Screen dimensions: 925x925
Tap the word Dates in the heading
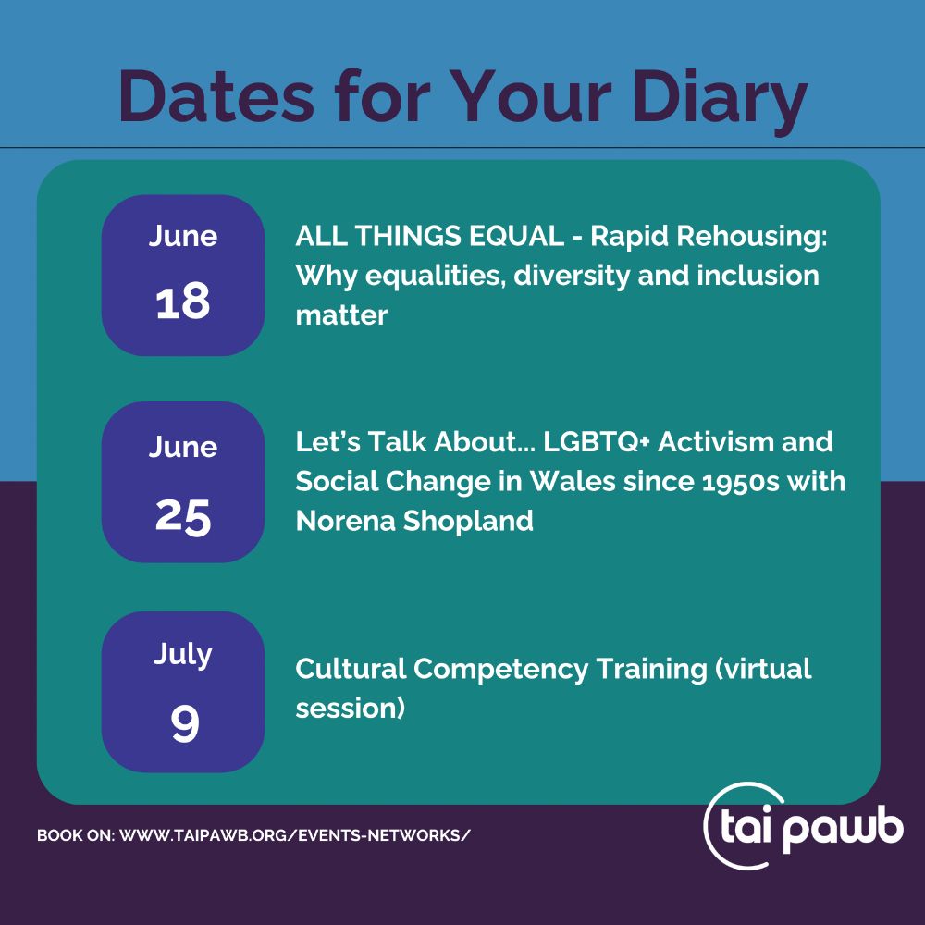pyautogui.click(x=216, y=97)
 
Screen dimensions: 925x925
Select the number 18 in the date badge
pyautogui.click(x=183, y=302)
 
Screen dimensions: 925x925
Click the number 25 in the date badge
pyautogui.click(x=183, y=517)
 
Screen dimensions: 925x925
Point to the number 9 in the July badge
pyautogui.click(x=185, y=724)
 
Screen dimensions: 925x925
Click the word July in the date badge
pyautogui.click(x=183, y=654)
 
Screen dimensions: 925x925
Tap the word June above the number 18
pyautogui.click(x=183, y=236)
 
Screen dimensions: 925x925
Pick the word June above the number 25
pyautogui.click(x=183, y=447)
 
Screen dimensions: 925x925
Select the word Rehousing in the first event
pyautogui.click(x=751, y=237)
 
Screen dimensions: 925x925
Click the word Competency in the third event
pyautogui.click(x=500, y=670)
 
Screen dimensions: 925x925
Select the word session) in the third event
pyautogui.click(x=351, y=708)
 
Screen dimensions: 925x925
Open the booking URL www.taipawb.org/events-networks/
pyautogui.click(x=295, y=835)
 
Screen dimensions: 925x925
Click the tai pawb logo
pyautogui.click(x=804, y=826)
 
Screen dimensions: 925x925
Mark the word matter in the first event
pyautogui.click(x=341, y=315)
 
